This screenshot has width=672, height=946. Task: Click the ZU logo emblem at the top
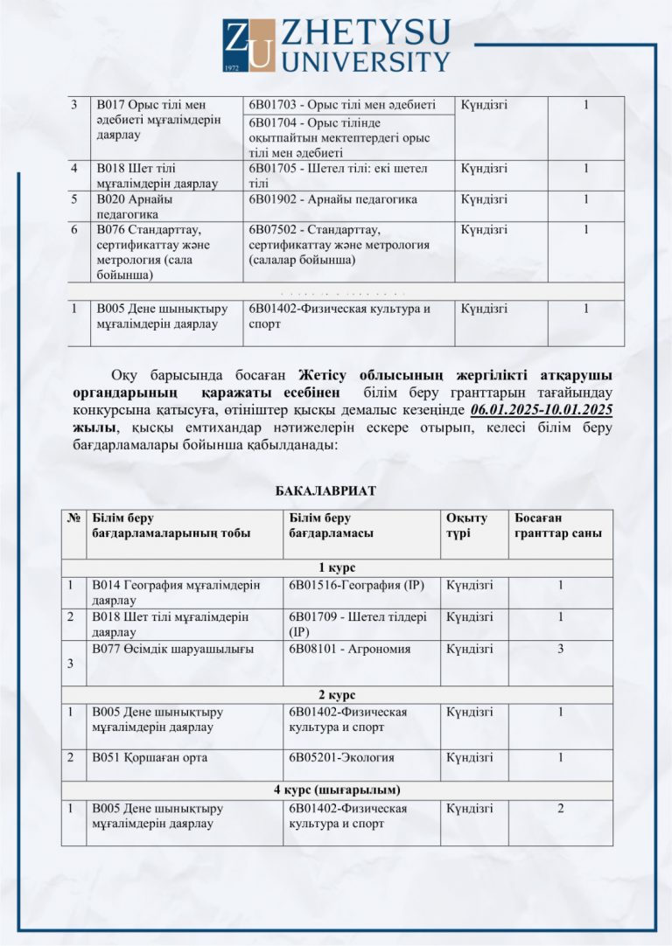pyautogui.click(x=248, y=45)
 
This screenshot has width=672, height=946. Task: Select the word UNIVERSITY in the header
pyautogui.click(x=367, y=61)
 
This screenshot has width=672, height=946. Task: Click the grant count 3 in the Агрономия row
pyautogui.click(x=560, y=649)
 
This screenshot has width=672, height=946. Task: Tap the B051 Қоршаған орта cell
pyautogui.click(x=150, y=757)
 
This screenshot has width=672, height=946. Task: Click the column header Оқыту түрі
pyautogui.click(x=466, y=525)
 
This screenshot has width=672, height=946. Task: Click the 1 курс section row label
pyautogui.click(x=336, y=567)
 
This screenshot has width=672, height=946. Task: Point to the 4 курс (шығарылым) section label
pyautogui.click(x=336, y=790)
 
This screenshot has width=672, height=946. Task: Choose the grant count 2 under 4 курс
pyautogui.click(x=560, y=808)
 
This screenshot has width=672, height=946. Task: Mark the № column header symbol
pyautogui.click(x=73, y=518)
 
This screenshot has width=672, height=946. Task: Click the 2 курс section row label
pyautogui.click(x=336, y=695)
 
